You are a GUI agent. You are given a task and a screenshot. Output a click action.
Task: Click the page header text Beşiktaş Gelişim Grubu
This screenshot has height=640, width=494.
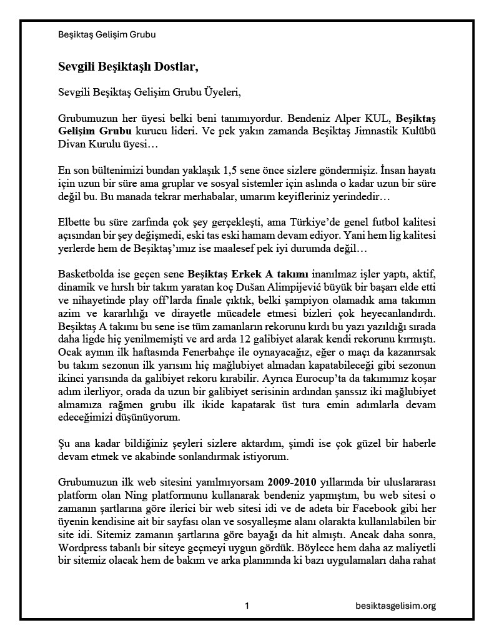click(107, 35)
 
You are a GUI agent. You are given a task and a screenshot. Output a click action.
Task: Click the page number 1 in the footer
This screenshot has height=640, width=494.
click(247, 606)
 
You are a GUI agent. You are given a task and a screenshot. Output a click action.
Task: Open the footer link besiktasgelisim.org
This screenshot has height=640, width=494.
click(395, 606)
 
